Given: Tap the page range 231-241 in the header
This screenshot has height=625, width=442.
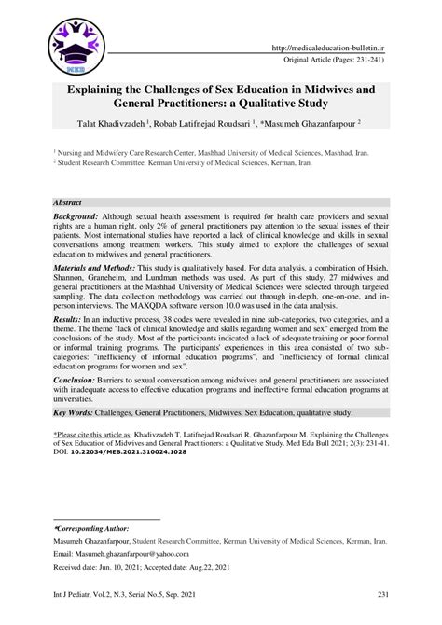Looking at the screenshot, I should pos(366,61).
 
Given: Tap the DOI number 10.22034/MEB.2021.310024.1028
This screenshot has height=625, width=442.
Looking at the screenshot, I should pos(132,504).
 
